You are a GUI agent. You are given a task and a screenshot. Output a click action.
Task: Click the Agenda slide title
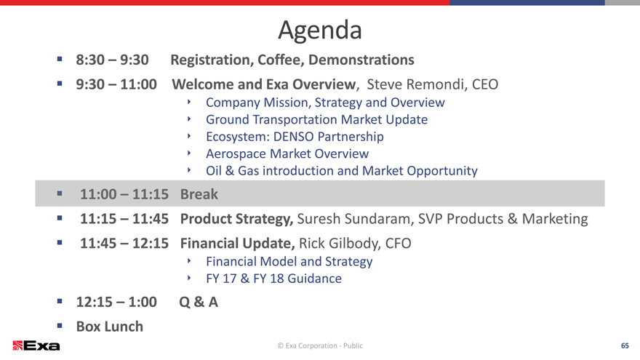(x=320, y=31)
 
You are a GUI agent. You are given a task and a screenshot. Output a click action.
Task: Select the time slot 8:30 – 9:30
(x=112, y=60)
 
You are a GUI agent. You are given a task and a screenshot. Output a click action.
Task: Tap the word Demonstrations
(x=361, y=60)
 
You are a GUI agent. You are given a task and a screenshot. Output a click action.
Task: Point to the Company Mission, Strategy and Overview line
(x=325, y=103)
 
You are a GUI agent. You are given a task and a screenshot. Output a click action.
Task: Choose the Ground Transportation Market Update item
(x=317, y=119)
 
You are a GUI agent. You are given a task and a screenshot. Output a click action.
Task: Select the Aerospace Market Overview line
(x=287, y=154)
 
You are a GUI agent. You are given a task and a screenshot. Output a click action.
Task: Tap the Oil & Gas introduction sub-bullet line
(x=342, y=171)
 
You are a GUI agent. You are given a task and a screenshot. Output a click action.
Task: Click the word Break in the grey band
(x=199, y=194)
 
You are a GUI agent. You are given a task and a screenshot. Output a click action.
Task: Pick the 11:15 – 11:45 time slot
(x=124, y=219)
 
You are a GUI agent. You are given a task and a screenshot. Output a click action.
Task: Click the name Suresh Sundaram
(x=353, y=219)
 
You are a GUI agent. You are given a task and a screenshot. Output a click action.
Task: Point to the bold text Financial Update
(x=237, y=243)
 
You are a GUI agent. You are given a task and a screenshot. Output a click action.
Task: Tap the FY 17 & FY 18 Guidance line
(x=274, y=279)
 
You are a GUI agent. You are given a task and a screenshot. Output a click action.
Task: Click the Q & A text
(x=199, y=302)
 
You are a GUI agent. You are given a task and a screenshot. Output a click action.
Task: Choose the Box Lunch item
(x=110, y=327)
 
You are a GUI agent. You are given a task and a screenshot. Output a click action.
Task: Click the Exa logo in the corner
(x=36, y=345)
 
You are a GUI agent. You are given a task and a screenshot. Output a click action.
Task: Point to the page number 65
(x=625, y=345)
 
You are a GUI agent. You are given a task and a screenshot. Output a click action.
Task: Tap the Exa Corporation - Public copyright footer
(x=320, y=345)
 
